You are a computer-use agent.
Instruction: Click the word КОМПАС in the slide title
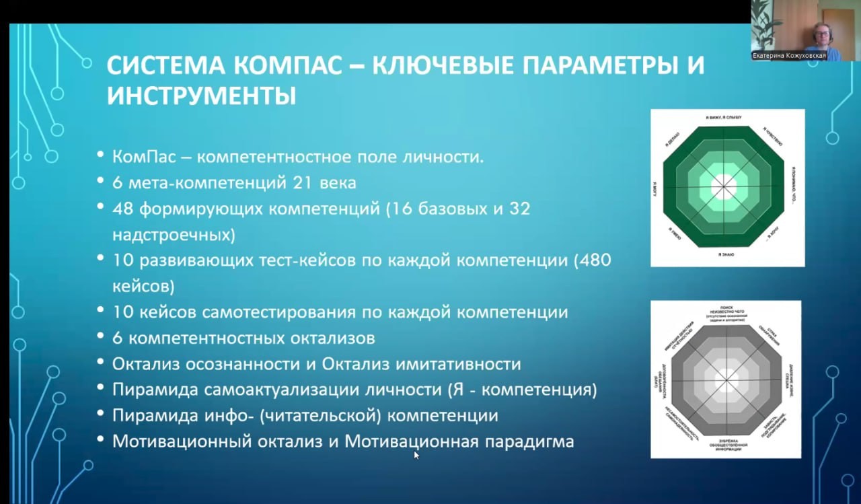287,67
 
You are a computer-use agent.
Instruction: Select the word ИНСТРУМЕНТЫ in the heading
201,96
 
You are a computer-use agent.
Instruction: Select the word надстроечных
174,234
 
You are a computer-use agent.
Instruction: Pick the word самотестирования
280,312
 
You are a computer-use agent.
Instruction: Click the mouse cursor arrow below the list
416,455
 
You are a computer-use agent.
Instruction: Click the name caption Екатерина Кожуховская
789,56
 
